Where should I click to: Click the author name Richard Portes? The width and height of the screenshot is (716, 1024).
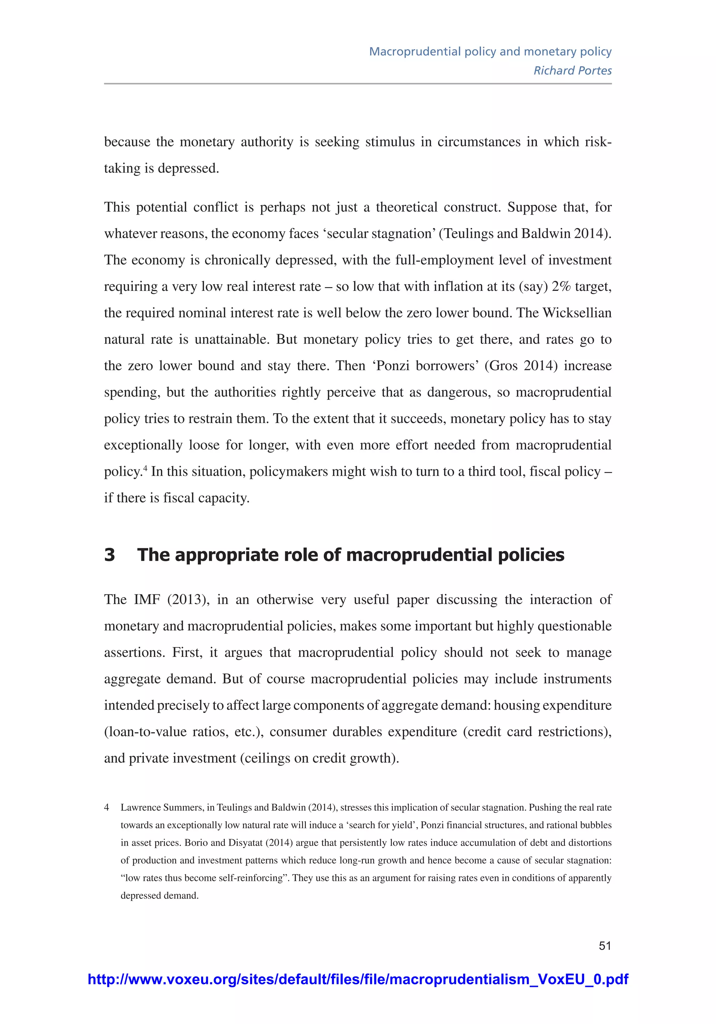pos(572,71)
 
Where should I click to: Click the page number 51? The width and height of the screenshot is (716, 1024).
pos(604,945)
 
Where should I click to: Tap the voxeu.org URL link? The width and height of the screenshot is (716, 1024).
pos(358,979)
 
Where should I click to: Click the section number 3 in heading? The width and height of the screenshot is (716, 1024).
pos(109,555)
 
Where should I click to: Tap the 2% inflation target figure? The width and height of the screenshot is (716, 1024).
pos(561,286)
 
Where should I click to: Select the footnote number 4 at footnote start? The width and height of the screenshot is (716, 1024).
pos(107,807)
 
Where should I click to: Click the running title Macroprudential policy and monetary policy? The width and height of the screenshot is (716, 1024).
pos(490,51)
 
